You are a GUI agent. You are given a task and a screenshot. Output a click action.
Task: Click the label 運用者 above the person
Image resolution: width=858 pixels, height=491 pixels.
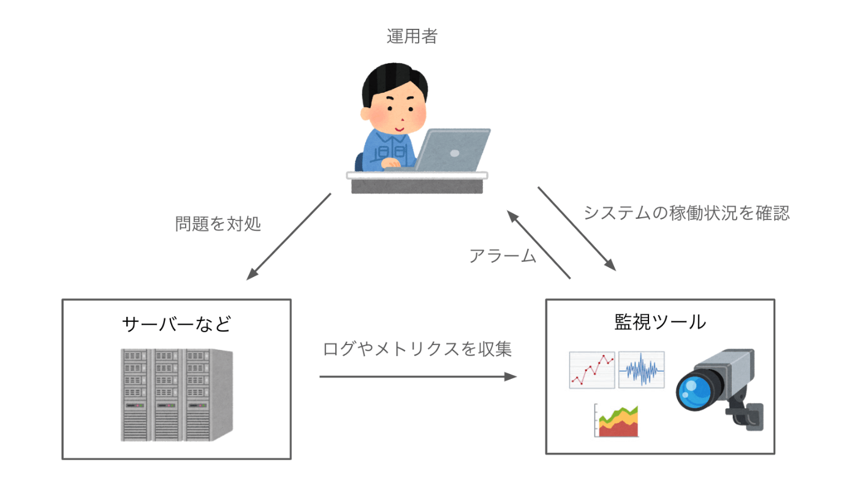click(x=412, y=36)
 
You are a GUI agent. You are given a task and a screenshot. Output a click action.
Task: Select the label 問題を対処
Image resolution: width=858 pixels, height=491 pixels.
click(x=218, y=224)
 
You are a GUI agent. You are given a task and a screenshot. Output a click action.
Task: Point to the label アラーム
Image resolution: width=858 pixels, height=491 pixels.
click(x=503, y=256)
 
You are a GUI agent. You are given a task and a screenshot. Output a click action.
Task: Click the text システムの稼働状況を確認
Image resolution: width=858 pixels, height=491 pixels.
click(x=686, y=213)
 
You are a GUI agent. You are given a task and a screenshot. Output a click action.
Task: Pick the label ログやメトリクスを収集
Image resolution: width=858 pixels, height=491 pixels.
click(x=417, y=349)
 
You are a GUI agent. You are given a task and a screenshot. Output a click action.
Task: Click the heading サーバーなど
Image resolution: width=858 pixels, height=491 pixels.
click(x=177, y=324)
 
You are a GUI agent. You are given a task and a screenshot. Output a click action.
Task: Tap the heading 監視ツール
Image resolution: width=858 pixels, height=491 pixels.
click(x=660, y=322)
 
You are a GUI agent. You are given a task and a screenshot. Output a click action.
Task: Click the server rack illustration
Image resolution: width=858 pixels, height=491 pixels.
click(x=177, y=395)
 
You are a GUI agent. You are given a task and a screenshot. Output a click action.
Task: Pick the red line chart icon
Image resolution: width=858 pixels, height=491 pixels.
click(x=592, y=370)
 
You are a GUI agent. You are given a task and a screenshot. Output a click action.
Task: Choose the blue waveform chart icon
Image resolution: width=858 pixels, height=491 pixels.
click(x=642, y=370)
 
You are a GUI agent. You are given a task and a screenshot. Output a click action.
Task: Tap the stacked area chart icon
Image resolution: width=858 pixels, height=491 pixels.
click(x=617, y=421)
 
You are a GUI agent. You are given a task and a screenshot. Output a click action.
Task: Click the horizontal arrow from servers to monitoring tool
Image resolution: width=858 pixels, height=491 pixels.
click(x=418, y=376)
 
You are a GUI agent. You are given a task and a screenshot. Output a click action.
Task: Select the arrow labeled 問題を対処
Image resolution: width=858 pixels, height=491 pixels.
click(x=289, y=237)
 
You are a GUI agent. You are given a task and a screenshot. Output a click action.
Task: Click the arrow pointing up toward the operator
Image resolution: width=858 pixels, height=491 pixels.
click(x=539, y=245)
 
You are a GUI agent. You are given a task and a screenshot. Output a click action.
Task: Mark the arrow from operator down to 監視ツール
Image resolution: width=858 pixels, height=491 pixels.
click(x=577, y=229)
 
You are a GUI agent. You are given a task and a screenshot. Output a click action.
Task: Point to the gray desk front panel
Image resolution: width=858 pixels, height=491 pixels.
click(x=417, y=186)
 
